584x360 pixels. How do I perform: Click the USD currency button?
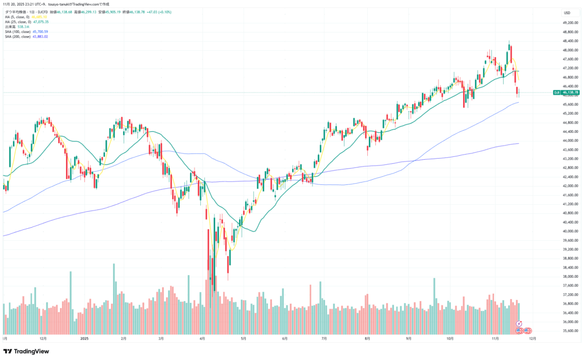tap(567, 13)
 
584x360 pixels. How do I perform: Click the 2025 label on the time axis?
tap(84, 338)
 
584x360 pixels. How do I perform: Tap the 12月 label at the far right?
tap(532, 338)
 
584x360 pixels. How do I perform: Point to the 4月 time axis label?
tap(202, 338)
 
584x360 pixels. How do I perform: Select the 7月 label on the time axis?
tap(324, 338)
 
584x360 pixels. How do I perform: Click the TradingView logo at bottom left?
tap(27, 351)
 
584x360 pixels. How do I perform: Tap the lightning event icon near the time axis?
tap(520, 323)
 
